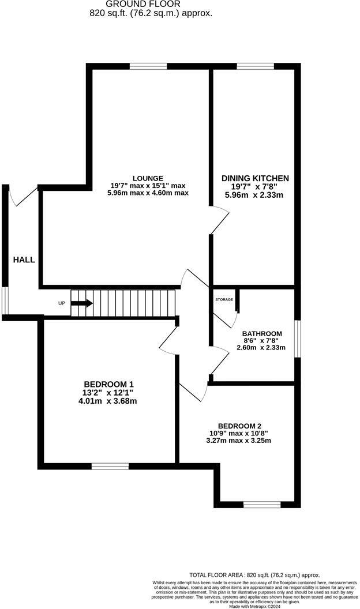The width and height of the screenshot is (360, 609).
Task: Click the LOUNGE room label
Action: (148, 178)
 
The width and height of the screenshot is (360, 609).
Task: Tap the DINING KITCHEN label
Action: (255, 178)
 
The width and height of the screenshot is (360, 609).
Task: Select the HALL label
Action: (24, 260)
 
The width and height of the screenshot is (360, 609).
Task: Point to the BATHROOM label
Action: (262, 334)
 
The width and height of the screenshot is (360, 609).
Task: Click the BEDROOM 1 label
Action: (109, 385)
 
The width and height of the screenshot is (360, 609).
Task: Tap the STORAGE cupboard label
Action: (224, 300)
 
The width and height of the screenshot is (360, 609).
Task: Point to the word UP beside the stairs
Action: (61, 303)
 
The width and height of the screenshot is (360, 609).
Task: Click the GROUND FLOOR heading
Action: (151, 4)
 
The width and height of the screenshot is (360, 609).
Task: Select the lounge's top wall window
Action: (148, 66)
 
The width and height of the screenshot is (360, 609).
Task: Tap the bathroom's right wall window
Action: (298, 339)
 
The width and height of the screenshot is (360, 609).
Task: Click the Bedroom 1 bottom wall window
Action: (110, 466)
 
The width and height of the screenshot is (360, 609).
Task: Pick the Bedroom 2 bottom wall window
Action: (262, 504)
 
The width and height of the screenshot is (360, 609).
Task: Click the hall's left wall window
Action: (5, 300)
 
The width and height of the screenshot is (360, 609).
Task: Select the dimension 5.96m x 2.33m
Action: (255, 195)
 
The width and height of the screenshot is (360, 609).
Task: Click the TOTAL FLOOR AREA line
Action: (254, 576)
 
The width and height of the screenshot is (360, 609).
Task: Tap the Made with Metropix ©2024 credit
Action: (254, 606)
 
